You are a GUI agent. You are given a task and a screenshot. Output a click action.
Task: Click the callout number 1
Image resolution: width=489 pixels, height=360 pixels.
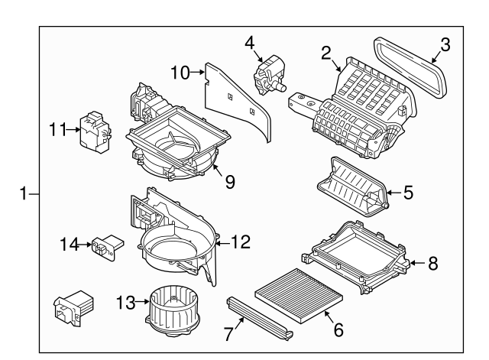(x=25, y=193)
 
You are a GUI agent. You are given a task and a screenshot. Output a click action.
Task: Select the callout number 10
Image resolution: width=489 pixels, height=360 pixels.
(x=180, y=73)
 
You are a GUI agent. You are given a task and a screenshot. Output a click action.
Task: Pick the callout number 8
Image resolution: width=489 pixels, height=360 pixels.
(x=432, y=264)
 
